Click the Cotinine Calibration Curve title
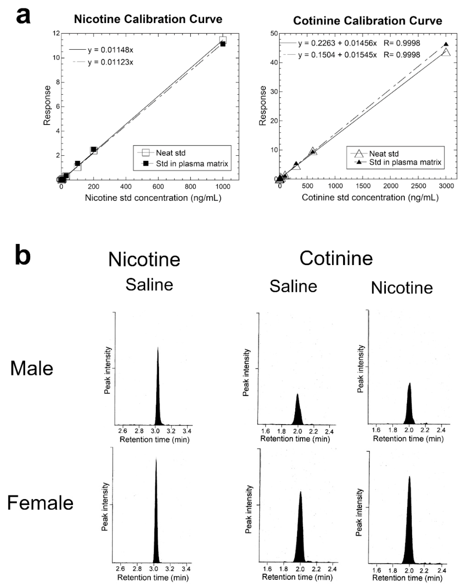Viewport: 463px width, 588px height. point(367,21)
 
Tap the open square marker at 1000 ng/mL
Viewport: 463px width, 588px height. point(223,40)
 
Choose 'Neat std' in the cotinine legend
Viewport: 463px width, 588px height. point(384,154)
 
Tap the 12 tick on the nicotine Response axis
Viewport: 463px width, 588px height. point(56,33)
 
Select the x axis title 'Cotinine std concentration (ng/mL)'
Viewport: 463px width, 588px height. point(370,197)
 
